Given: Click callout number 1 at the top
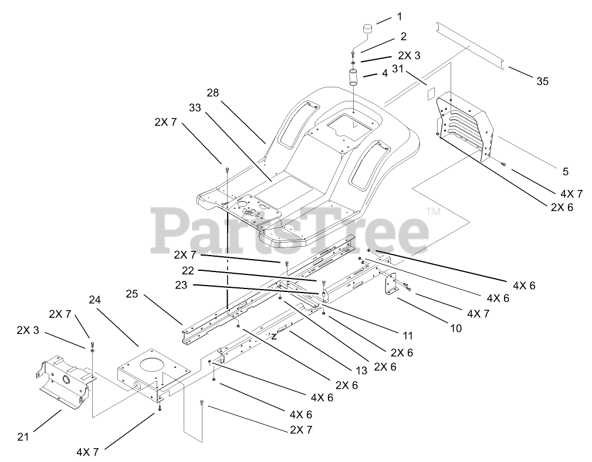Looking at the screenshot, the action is tap(400, 16).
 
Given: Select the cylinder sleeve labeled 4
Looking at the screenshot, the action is tap(354, 78).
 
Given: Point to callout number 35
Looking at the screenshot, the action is tap(542, 81).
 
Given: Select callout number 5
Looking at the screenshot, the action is tap(565, 172).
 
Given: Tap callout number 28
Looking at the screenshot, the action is tap(212, 92).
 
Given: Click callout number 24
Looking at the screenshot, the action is tap(95, 299).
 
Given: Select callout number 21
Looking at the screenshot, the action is tap(23, 436).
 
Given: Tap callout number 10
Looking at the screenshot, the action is tap(455, 328).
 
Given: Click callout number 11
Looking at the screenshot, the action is tap(407, 335).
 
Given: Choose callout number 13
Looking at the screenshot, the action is tap(361, 371).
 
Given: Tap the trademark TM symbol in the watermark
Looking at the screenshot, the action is tap(432, 212).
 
